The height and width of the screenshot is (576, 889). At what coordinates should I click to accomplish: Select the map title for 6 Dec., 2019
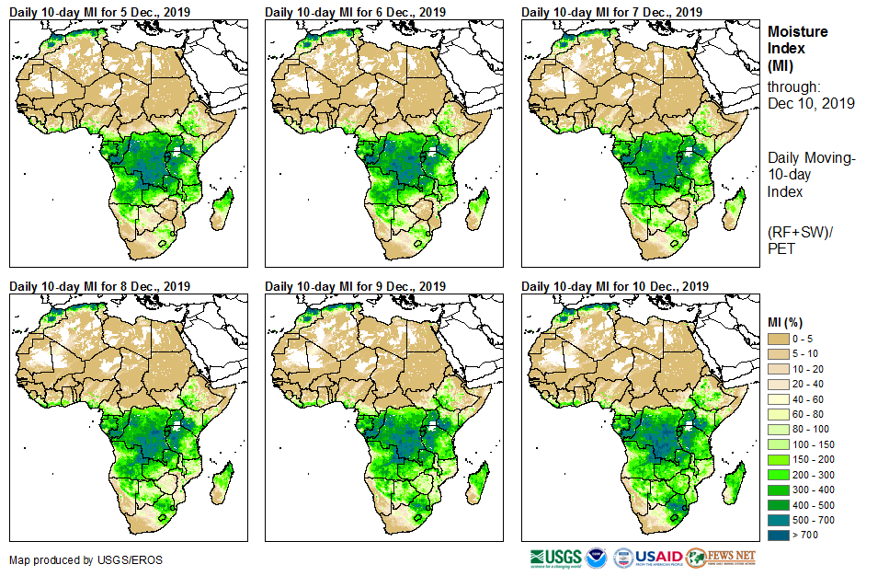pos(355,11)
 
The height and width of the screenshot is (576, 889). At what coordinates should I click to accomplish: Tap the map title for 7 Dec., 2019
pos(611,11)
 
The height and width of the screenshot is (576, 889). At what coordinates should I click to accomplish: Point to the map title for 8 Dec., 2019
pos(98,286)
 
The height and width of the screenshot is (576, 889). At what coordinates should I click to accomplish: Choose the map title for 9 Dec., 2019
pos(355,286)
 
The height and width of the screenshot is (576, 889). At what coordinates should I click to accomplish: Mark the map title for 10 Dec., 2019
pos(614,286)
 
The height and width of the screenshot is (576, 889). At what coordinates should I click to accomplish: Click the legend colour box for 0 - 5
pos(780,340)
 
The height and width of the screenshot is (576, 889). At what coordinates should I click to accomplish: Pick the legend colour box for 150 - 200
pos(780,457)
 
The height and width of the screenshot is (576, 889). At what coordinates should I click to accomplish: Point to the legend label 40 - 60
pos(808,398)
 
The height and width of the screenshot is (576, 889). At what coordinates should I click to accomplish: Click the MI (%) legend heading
pos(789,321)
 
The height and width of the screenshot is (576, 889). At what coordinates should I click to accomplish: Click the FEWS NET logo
pos(721,558)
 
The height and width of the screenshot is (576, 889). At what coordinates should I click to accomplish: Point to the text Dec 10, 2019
pos(811,104)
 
